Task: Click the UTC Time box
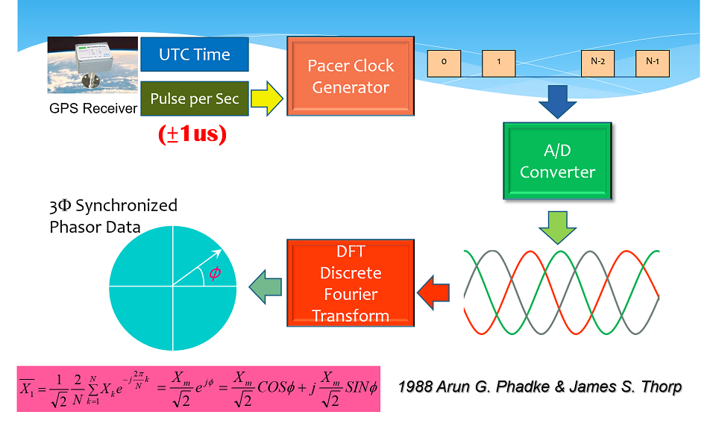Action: [195, 54]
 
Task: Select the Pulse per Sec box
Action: [195, 98]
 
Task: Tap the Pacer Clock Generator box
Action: [351, 76]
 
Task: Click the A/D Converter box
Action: [557, 160]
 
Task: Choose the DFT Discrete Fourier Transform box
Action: [351, 283]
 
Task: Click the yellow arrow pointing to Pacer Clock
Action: [267, 98]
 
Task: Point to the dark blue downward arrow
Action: [557, 101]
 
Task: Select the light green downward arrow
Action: [557, 228]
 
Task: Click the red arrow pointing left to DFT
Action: [433, 292]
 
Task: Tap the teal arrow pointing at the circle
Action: [266, 287]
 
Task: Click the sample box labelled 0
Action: [444, 63]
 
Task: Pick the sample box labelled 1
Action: [499, 63]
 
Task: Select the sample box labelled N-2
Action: [597, 63]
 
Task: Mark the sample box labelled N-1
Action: [653, 63]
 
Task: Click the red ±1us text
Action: [192, 134]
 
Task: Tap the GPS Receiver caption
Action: [93, 108]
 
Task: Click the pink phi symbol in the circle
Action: [215, 272]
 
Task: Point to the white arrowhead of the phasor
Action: [219, 253]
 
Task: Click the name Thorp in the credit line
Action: [662, 387]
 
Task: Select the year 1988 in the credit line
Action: [415, 387]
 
